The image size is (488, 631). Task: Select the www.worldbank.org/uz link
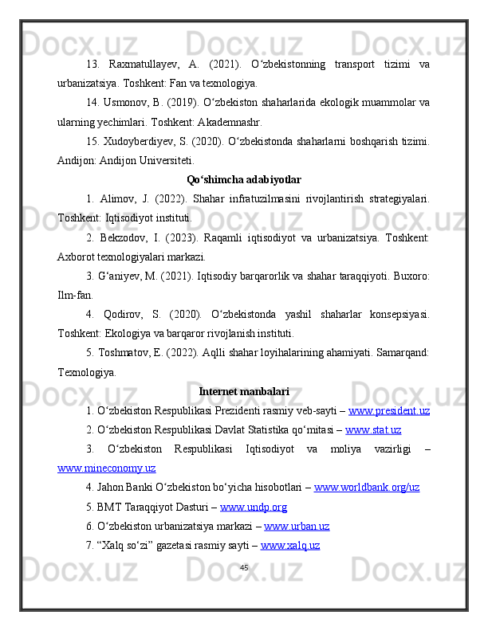pyautogui.click(x=367, y=488)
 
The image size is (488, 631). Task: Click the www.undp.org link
pyautogui.click(x=254, y=508)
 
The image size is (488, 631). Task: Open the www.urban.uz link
pyautogui.click(x=297, y=527)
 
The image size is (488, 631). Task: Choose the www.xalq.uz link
pyautogui.click(x=290, y=546)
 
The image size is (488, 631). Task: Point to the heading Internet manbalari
pyautogui.click(x=244, y=391)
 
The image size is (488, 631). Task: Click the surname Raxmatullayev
pyautogui.click(x=149, y=64)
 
